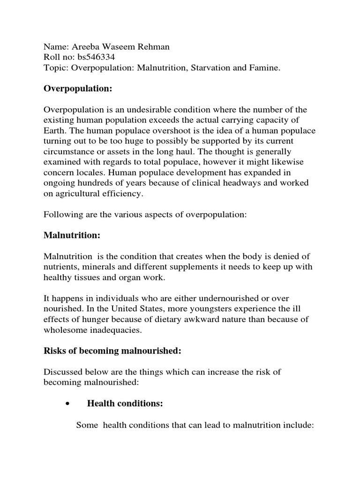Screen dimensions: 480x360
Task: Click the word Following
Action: [61, 215]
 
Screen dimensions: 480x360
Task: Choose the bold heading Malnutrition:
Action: [72, 235]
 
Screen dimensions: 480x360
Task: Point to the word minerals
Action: [98, 267]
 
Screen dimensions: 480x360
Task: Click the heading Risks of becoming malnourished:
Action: [113, 351]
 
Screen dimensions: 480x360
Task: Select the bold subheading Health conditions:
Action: [125, 404]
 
